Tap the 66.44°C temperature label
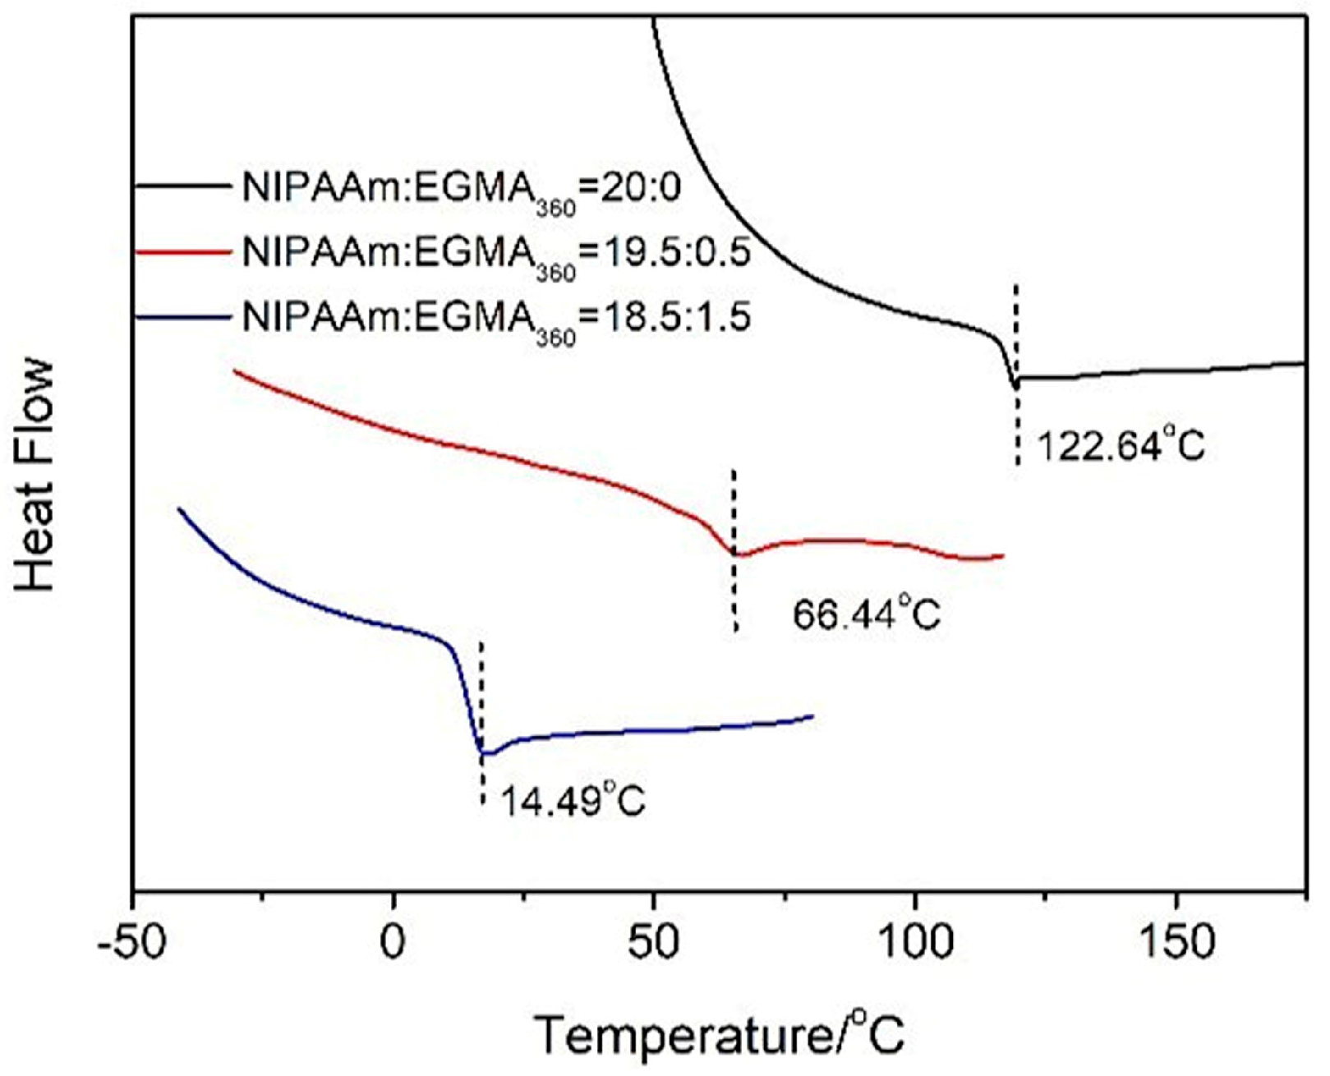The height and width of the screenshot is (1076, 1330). [866, 614]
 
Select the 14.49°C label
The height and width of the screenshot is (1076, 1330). [572, 800]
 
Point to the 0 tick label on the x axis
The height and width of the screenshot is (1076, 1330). [393, 943]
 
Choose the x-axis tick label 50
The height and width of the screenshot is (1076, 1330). [654, 943]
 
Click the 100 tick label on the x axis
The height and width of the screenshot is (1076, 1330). [914, 943]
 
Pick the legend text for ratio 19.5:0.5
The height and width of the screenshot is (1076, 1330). [496, 254]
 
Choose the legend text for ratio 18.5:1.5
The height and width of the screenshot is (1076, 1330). [496, 317]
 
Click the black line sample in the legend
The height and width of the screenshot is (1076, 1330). [182, 187]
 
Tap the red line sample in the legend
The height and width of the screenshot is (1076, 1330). [182, 251]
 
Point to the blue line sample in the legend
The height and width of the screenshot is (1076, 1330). [182, 315]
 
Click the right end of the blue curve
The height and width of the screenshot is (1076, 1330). [812, 716]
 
